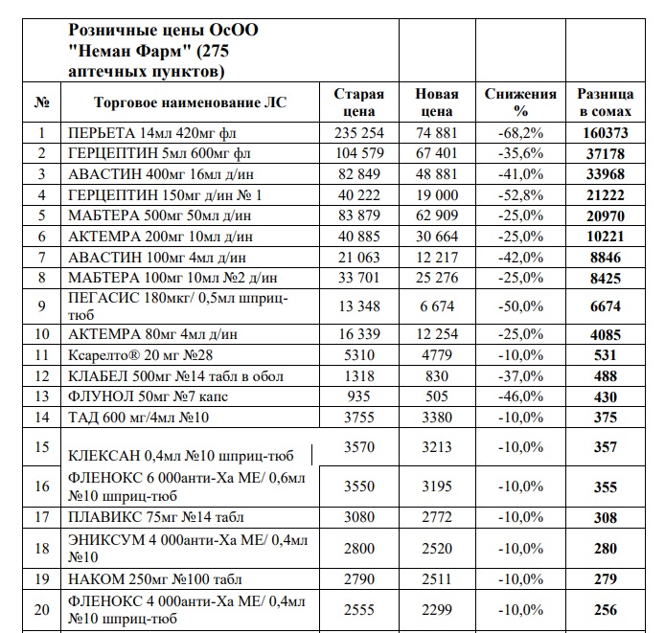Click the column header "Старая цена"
tap(358, 102)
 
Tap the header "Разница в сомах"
tap(605, 102)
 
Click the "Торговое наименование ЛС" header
tap(190, 102)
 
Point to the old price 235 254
tap(359, 133)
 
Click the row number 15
tap(41, 446)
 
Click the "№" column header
tap(41, 102)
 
